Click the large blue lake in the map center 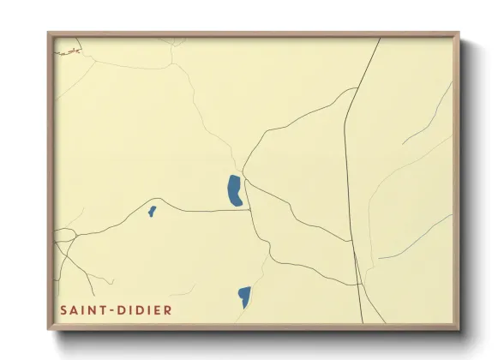[234, 190]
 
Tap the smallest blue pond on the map [152, 211]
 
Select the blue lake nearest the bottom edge [244, 297]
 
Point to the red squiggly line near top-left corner [68, 52]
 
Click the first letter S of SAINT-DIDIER [63, 309]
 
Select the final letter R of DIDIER [168, 309]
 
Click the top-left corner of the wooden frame [49, 33]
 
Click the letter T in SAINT [105, 309]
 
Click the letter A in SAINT [74, 309]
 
